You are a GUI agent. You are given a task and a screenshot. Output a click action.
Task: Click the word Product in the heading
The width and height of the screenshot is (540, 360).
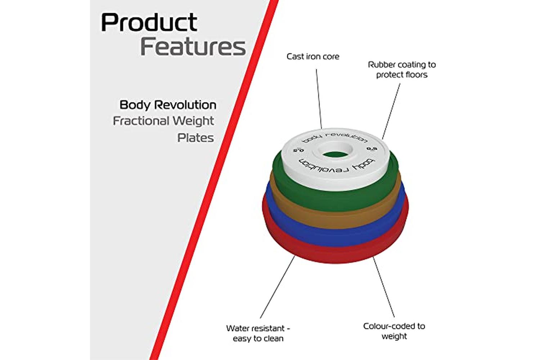[149, 23]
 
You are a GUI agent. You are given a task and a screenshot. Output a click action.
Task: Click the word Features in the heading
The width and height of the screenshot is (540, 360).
[193, 47]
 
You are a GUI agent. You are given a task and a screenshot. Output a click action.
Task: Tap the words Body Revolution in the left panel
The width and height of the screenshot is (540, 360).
[168, 105]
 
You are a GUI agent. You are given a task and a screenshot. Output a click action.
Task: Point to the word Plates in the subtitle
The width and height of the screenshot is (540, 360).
[195, 138]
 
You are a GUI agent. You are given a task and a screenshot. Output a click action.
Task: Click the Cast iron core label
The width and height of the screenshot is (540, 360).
[313, 57]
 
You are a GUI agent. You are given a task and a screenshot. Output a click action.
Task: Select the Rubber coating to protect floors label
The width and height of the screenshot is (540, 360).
[402, 69]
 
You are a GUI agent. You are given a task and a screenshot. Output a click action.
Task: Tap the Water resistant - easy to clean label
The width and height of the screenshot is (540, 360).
[258, 333]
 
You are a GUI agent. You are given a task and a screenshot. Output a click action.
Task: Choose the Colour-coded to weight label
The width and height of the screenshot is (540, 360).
[394, 331]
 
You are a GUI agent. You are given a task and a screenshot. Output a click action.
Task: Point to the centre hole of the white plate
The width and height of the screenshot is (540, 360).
[335, 154]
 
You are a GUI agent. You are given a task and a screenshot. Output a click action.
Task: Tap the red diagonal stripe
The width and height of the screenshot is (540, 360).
[216, 180]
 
